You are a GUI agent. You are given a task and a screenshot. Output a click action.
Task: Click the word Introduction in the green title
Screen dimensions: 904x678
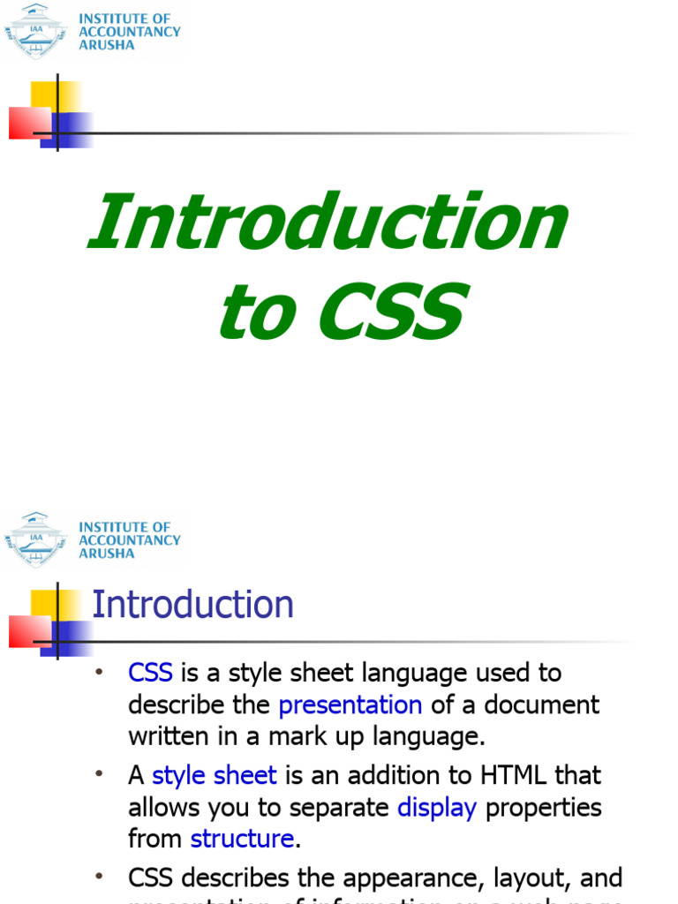click(x=328, y=222)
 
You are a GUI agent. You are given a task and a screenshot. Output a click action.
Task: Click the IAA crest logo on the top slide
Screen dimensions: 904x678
click(x=35, y=30)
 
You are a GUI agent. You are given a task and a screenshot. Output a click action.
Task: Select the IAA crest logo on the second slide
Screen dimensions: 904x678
click(x=35, y=539)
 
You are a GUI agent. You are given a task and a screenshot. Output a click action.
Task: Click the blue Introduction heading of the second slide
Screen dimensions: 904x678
click(x=192, y=606)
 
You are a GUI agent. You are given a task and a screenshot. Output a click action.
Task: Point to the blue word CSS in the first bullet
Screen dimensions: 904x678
click(x=150, y=674)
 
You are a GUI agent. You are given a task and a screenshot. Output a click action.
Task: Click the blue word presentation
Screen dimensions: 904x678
click(x=350, y=705)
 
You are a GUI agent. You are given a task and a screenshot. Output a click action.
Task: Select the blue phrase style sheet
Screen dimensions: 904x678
click(x=215, y=776)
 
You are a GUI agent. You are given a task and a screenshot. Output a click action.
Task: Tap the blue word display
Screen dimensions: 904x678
click(x=437, y=808)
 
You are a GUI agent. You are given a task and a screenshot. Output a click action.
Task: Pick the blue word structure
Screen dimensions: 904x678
click(x=242, y=839)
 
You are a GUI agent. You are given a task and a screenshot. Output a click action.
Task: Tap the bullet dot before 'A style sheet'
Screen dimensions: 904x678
click(x=99, y=773)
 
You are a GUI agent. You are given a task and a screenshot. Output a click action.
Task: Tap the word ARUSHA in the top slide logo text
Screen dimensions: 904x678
click(x=107, y=45)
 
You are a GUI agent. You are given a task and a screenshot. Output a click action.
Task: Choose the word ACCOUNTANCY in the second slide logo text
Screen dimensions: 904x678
click(x=130, y=540)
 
